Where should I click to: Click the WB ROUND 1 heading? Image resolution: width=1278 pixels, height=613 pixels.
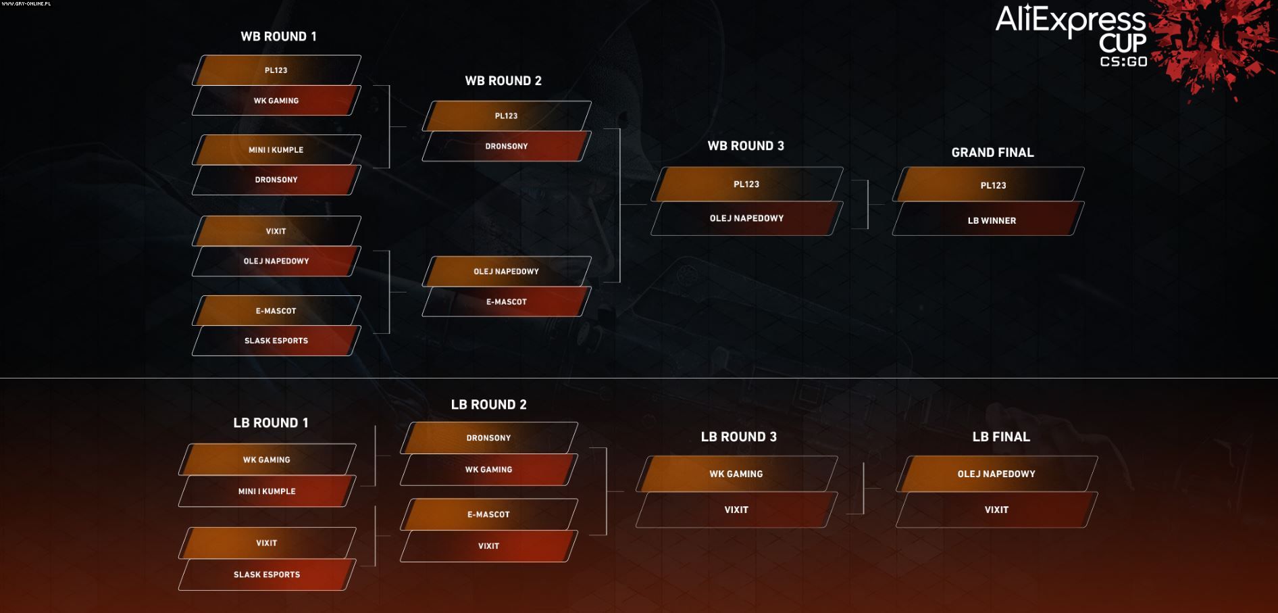pyautogui.click(x=278, y=36)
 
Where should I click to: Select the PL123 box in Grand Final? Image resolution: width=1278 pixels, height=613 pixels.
pyautogui.click(x=993, y=185)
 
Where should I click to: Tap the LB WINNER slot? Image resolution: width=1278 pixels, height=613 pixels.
pyautogui.click(x=992, y=220)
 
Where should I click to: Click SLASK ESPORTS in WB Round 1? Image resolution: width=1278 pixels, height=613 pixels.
pyautogui.click(x=276, y=341)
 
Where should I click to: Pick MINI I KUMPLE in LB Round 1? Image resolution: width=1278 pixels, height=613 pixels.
pyautogui.click(x=267, y=491)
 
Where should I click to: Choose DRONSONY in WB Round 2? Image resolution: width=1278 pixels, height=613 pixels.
pyautogui.click(x=507, y=146)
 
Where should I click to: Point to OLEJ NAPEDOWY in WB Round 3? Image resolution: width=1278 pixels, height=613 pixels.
pyautogui.click(x=746, y=218)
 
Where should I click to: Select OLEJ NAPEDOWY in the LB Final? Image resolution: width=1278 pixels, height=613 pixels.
pyautogui.click(x=996, y=474)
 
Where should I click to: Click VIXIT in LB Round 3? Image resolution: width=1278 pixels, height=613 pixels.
pyautogui.click(x=736, y=510)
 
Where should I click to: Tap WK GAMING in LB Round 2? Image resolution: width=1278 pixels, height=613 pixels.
pyautogui.click(x=488, y=470)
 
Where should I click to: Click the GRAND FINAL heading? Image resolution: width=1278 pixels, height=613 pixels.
pyautogui.click(x=992, y=153)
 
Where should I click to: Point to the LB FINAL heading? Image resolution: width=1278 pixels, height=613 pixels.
pyautogui.click(x=1001, y=437)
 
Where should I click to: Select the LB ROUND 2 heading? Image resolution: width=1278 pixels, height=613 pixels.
pyautogui.click(x=488, y=405)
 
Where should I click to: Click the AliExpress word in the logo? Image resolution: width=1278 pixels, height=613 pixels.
pyautogui.click(x=1070, y=20)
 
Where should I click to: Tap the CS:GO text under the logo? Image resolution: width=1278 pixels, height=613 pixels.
pyautogui.click(x=1123, y=62)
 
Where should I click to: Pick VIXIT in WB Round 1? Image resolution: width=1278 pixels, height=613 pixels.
pyautogui.click(x=276, y=231)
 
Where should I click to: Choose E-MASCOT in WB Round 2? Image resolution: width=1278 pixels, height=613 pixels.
pyautogui.click(x=507, y=302)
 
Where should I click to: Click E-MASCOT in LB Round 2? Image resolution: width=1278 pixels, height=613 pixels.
pyautogui.click(x=488, y=514)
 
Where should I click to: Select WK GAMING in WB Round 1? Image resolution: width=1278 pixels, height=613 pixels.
pyautogui.click(x=276, y=101)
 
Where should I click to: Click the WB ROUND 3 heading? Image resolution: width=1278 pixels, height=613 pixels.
pyautogui.click(x=746, y=146)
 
